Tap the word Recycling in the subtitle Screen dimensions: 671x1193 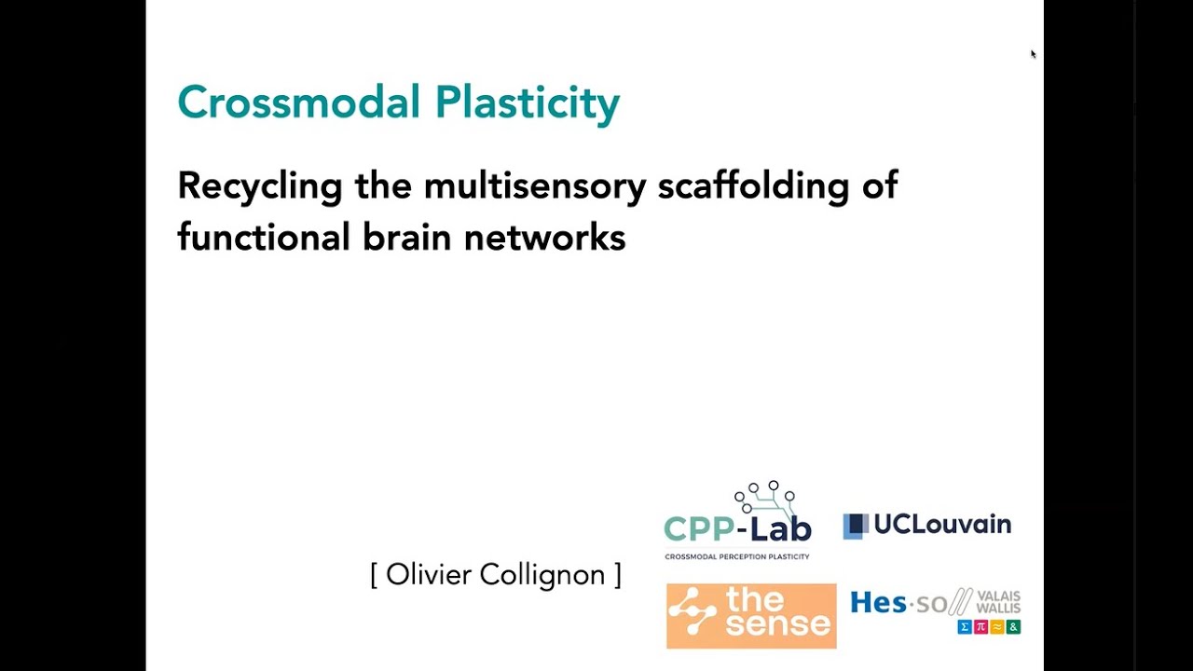[260, 186]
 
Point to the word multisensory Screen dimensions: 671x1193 [534, 186]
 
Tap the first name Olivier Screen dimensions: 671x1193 [430, 574]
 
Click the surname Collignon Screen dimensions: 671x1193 [542, 576]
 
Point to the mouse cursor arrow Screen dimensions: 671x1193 [1033, 54]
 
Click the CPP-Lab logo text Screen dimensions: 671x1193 [737, 527]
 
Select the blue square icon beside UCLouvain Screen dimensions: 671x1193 [855, 526]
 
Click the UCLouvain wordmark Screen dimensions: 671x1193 [942, 525]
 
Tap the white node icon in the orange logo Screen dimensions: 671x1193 [692, 615]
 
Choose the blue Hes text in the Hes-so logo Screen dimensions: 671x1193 [877, 603]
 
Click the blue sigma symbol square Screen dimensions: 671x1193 [966, 627]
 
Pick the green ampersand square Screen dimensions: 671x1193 [1013, 627]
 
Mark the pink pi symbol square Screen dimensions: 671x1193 [981, 627]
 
